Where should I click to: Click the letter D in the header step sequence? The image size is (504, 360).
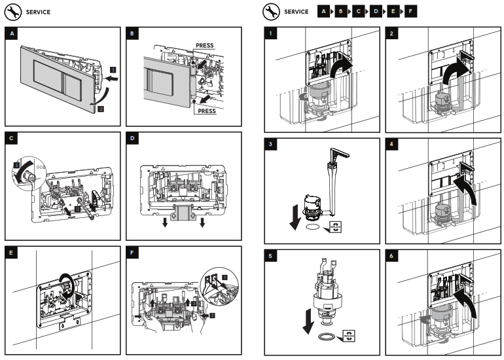(x=375, y=12)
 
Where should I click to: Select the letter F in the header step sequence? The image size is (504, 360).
(x=409, y=12)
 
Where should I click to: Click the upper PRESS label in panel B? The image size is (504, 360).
(x=205, y=46)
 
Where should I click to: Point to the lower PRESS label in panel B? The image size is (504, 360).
(x=207, y=111)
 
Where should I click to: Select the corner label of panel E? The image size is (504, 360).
(x=11, y=253)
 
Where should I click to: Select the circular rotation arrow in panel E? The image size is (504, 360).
(x=67, y=285)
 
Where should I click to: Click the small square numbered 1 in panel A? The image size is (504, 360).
(x=113, y=69)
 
